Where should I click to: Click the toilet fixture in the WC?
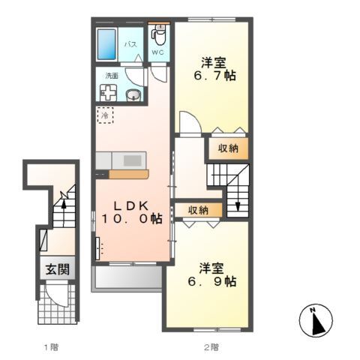coord(157,35)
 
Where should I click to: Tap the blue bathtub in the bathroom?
coord(106,44)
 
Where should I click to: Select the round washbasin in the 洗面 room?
coord(133,95)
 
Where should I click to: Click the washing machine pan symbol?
coord(108,93)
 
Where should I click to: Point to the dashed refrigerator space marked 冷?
coord(105,115)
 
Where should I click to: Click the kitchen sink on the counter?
coord(132,160)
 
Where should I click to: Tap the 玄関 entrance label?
coord(58,269)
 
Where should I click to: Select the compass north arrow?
coord(317,322)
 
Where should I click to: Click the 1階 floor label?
coord(51,347)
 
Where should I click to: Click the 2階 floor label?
coord(211,347)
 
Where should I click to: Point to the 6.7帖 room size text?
coord(215,75)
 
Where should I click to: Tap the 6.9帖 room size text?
coord(212,281)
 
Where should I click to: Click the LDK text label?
coord(132,205)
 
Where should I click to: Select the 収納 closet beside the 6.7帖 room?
coord(228,148)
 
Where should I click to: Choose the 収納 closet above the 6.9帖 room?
coord(198,210)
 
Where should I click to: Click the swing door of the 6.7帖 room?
coord(190,121)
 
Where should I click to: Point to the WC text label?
coord(158,52)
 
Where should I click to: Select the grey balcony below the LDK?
coord(127,278)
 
